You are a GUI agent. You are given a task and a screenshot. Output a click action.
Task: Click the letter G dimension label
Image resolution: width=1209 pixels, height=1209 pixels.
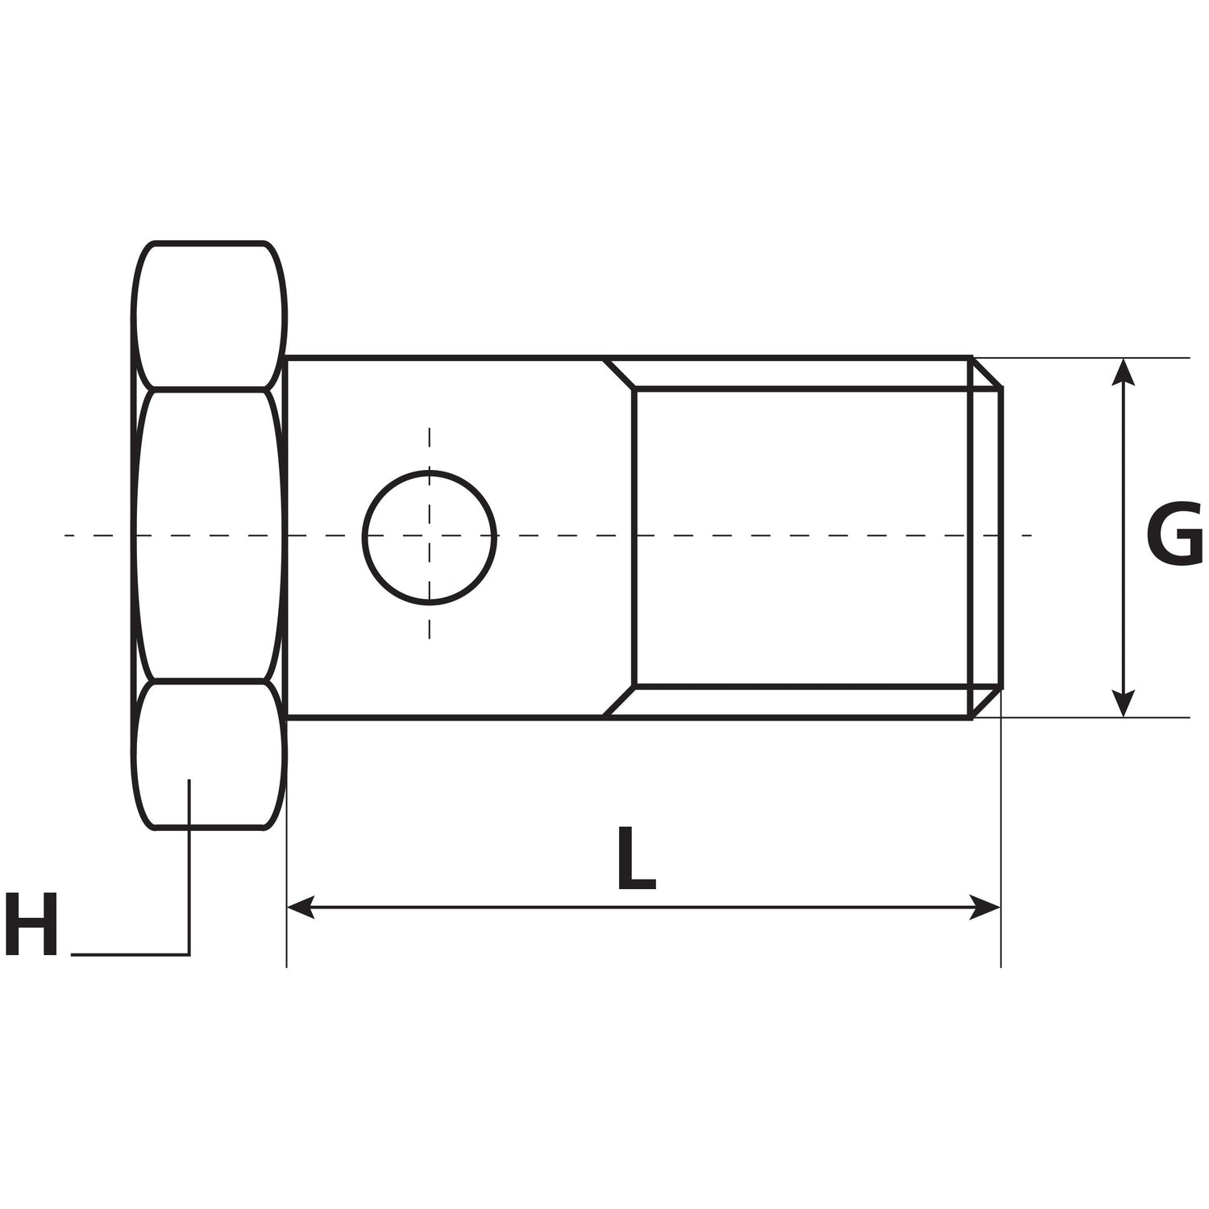tap(1174, 534)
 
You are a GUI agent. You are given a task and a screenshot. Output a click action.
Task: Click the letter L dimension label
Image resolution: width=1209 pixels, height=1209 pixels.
tap(635, 859)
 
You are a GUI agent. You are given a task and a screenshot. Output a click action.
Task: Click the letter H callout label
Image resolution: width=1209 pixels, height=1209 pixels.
tap(31, 924)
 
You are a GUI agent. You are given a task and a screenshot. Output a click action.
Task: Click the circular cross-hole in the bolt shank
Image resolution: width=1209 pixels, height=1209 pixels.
tap(430, 538)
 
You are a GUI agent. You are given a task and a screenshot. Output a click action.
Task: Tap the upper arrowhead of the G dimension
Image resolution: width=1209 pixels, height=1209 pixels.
tap(1123, 371)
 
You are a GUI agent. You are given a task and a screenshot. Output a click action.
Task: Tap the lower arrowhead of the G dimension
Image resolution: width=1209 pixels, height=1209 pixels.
tap(1123, 704)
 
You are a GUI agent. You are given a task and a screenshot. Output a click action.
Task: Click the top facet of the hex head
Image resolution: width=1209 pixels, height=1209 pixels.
tap(210, 315)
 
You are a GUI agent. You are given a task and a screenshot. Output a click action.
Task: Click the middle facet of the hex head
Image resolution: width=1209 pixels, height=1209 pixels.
tap(210, 535)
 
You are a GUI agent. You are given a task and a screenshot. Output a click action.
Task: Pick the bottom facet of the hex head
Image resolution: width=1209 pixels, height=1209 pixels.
tap(210, 754)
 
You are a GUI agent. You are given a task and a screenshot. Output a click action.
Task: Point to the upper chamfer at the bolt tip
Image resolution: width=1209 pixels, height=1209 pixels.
tap(987, 373)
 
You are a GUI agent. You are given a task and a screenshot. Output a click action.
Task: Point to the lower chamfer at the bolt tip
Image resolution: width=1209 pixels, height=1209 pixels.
tap(987, 702)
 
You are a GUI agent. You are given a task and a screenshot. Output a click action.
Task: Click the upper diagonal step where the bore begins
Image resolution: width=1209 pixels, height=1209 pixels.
tap(620, 373)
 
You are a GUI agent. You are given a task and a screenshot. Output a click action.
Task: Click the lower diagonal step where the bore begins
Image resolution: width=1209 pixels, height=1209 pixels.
tap(620, 701)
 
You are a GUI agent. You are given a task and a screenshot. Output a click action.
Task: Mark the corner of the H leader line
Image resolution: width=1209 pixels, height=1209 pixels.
tap(189, 955)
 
